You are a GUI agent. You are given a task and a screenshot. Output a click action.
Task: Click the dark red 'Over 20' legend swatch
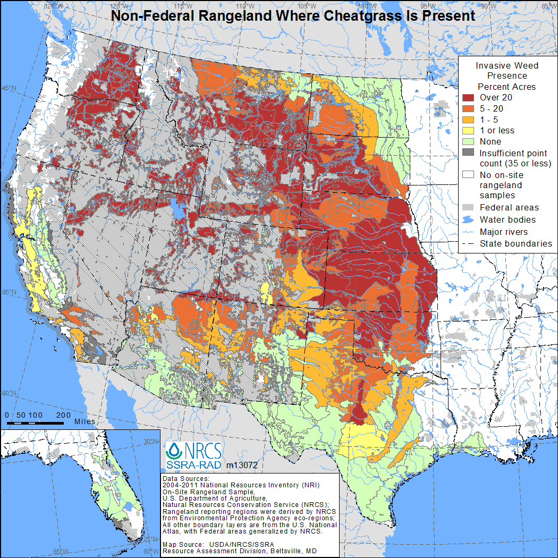[468, 98]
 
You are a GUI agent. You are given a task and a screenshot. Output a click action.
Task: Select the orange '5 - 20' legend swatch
[468, 108]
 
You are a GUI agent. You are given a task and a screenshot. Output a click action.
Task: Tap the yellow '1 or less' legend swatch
[468, 130]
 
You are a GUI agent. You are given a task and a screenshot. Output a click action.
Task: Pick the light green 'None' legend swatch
[468, 141]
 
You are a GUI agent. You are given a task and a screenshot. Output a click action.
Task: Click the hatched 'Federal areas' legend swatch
[468, 208]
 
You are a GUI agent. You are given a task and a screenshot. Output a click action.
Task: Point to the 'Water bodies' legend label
[507, 219]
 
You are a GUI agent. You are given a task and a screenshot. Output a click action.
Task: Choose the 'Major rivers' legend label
[504, 232]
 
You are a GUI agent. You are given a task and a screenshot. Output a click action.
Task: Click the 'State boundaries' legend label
[515, 243]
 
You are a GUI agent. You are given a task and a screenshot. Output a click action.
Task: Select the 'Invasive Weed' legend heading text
[506, 65]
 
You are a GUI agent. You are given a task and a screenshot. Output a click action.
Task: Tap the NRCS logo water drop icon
[174, 452]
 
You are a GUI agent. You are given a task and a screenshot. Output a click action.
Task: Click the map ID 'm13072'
[242, 465]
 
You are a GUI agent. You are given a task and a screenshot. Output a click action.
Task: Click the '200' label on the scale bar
[63, 415]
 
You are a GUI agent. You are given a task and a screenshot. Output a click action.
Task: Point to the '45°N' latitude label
[9, 88]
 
